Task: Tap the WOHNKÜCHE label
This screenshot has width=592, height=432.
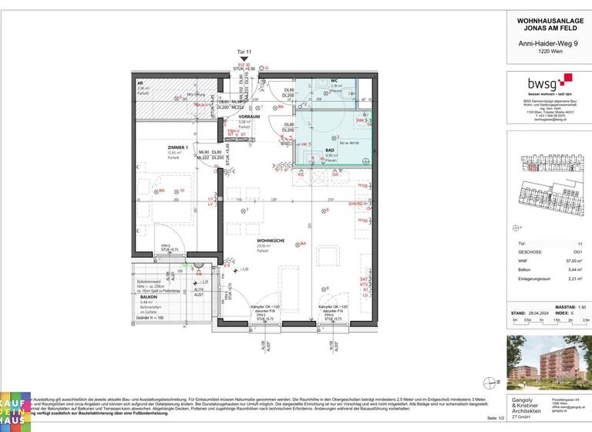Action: pos(271,241)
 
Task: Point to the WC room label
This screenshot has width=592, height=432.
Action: pos(335,81)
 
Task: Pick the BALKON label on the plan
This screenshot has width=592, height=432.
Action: pos(148,296)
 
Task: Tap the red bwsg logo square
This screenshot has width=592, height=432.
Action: pos(567,79)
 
